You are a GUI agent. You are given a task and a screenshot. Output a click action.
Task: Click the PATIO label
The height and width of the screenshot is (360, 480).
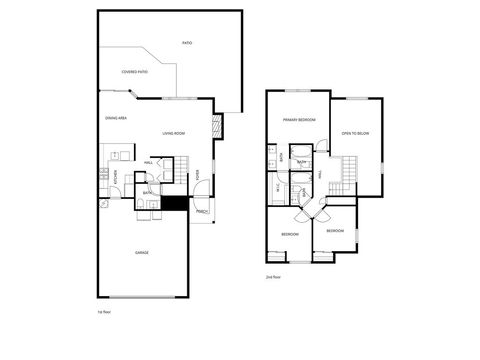(187, 43)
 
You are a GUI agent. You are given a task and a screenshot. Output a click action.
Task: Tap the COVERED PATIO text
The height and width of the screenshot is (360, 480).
(135, 72)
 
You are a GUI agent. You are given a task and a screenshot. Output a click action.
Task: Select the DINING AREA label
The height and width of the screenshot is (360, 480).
(115, 118)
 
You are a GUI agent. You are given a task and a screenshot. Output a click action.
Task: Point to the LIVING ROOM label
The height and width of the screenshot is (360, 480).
(176, 133)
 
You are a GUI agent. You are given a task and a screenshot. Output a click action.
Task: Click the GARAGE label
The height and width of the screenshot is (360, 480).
(142, 252)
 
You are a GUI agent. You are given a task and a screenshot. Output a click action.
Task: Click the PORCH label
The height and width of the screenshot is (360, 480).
(201, 211)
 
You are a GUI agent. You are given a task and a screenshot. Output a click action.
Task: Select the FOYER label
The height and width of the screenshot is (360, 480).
(198, 176)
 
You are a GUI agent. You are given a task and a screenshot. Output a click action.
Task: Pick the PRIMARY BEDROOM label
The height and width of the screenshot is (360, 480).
(299, 120)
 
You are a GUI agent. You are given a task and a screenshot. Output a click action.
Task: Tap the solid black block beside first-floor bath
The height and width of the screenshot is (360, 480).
(174, 204)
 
